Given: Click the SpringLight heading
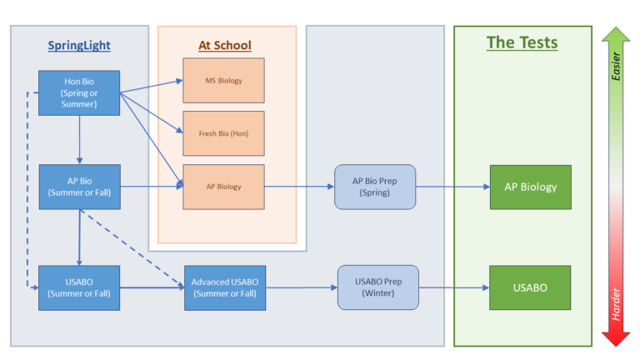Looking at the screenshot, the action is click(79, 45).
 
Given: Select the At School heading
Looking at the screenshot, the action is click(225, 45).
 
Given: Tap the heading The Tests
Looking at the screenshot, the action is click(522, 42).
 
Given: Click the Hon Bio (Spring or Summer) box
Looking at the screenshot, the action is click(79, 93).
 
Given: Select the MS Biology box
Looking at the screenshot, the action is click(223, 80).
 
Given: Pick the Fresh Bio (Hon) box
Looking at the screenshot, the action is click(223, 133).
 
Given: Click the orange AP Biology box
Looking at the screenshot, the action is click(223, 187).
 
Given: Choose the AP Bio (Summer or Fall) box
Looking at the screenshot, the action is click(80, 187).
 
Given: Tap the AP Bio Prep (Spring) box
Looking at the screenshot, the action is click(375, 187).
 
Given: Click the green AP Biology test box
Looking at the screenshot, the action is click(531, 187).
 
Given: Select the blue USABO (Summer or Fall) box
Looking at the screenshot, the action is click(79, 288).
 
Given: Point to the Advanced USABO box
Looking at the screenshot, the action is click(225, 288).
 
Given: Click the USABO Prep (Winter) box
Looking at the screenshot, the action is click(378, 287).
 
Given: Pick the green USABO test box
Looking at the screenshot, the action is click(530, 287).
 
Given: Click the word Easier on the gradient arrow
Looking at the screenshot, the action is click(616, 66).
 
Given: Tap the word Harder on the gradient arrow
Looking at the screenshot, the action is click(616, 304).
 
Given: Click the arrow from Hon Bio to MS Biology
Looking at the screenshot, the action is click(152, 87).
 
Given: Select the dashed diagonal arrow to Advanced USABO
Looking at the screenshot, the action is click(132, 248).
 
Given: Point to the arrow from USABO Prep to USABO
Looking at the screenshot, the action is click(454, 287).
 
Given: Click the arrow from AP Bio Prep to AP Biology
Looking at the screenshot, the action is click(452, 187).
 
